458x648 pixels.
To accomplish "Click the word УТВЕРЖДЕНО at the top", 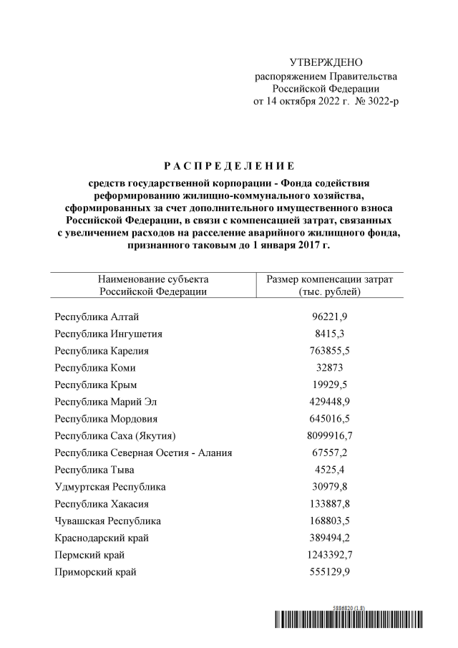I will click(x=326, y=63).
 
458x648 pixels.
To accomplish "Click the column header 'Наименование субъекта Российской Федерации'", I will click(x=153, y=284).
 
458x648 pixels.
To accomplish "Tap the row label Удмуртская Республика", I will click(x=109, y=487).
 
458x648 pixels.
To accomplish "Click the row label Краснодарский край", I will click(x=102, y=538).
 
